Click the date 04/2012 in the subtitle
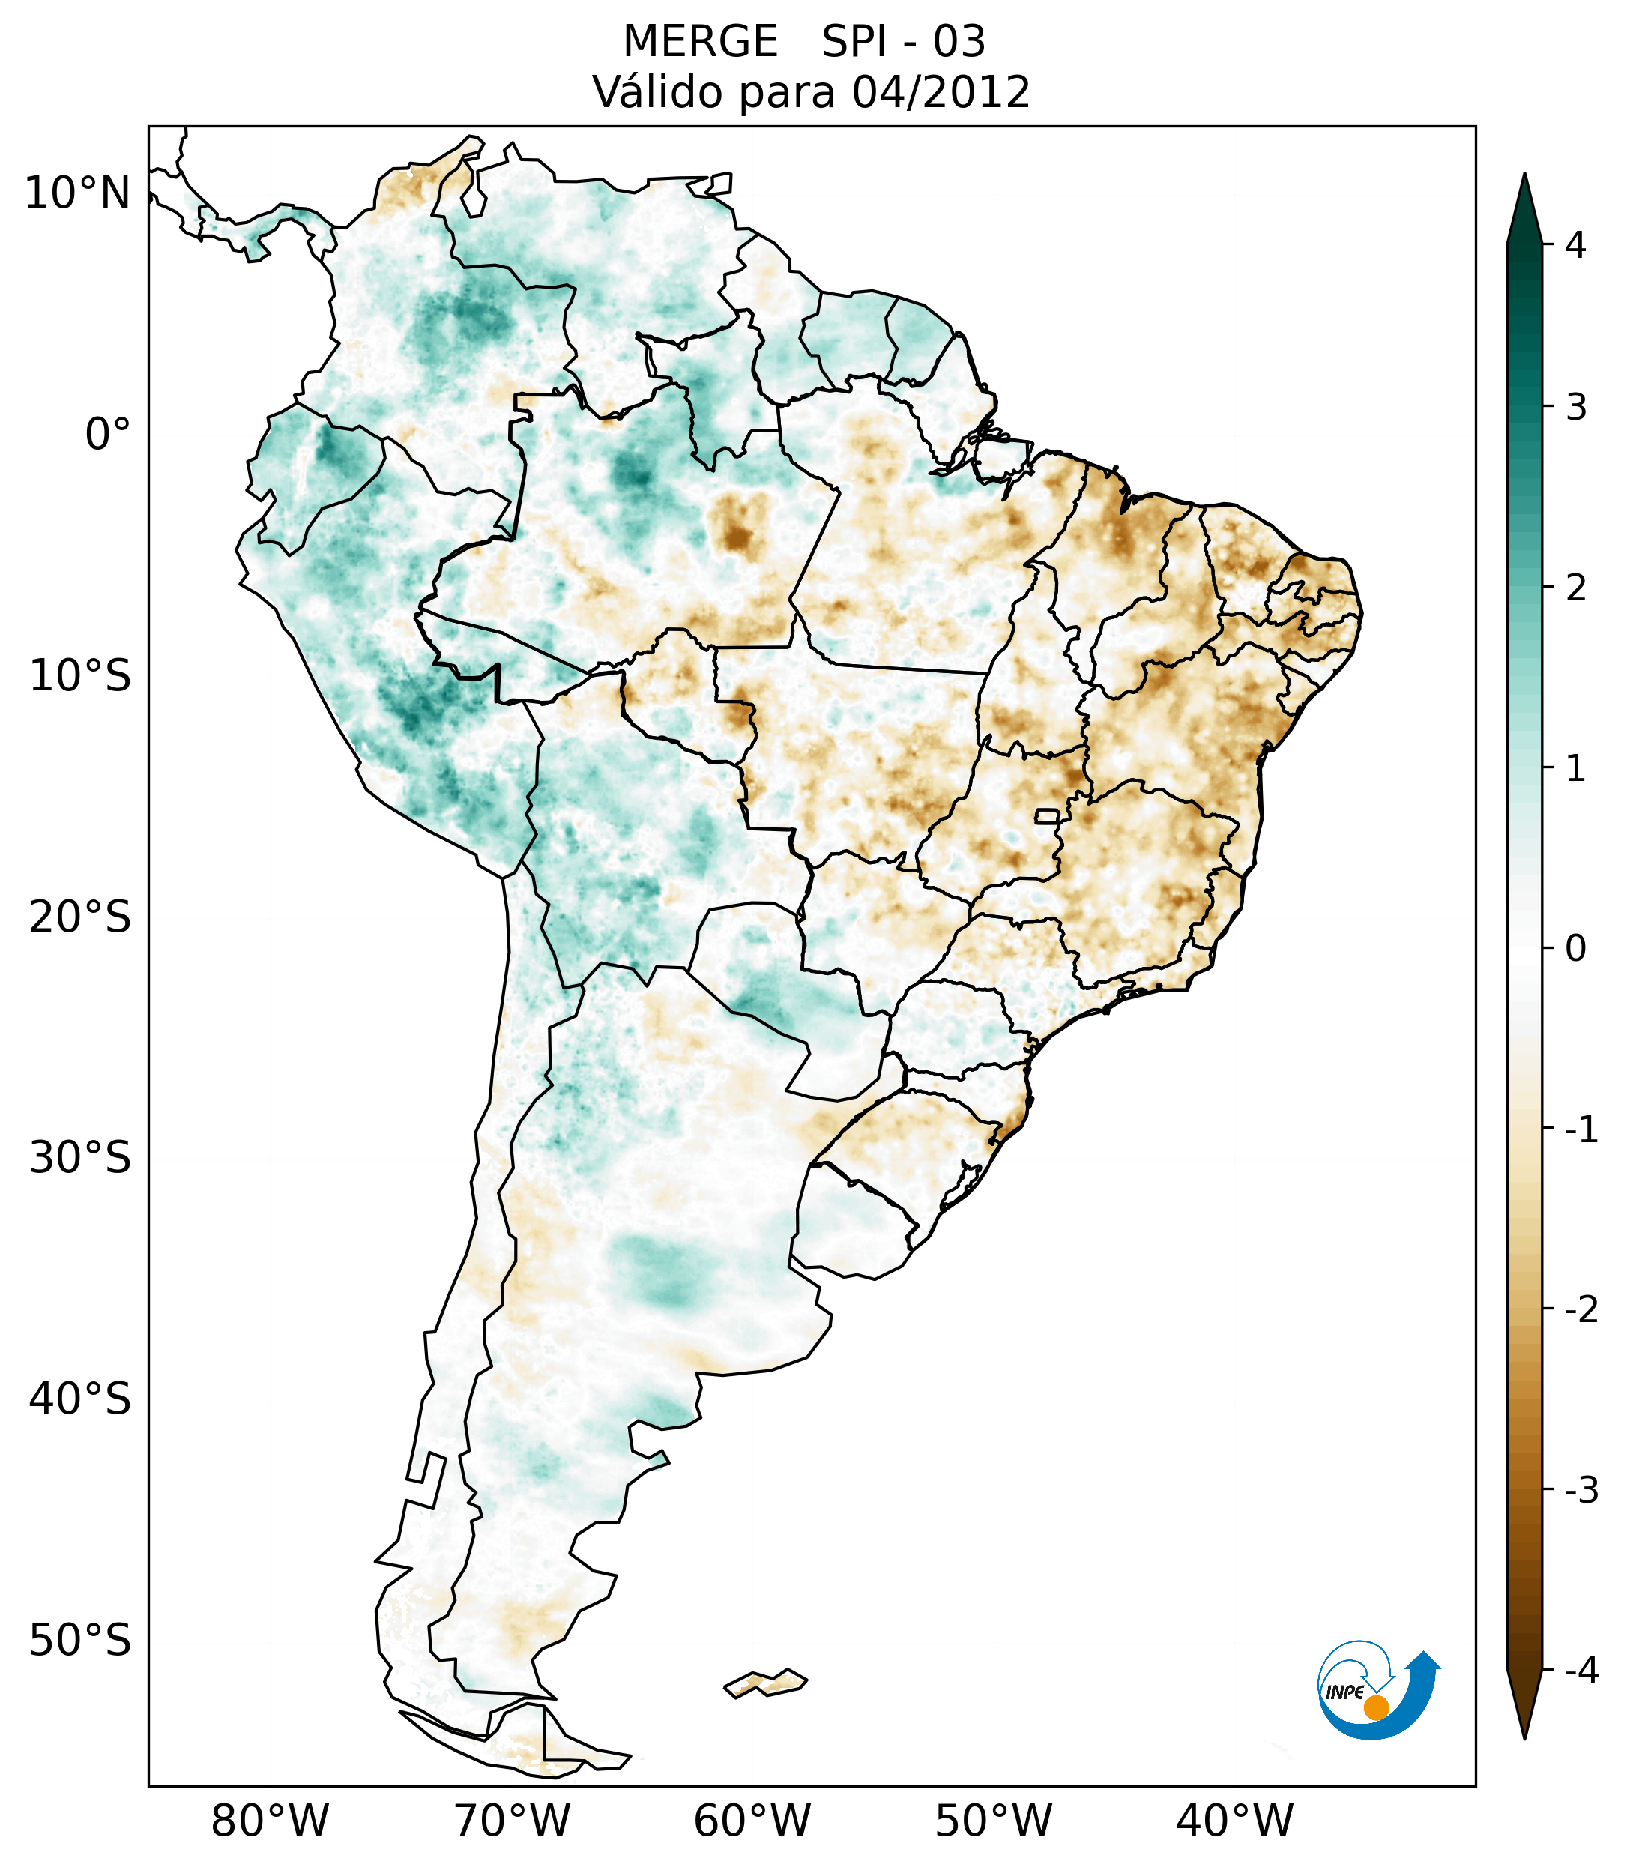pyautogui.click(x=941, y=92)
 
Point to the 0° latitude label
pyautogui.click(x=108, y=435)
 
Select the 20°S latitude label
pyautogui.click(x=80, y=917)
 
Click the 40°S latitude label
pyautogui.click(x=80, y=1399)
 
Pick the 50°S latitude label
pyautogui.click(x=80, y=1641)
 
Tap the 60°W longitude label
pyautogui.click(x=752, y=1821)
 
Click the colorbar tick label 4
pyautogui.click(x=1575, y=245)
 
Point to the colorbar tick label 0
pyautogui.click(x=1575, y=948)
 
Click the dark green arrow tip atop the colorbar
pyautogui.click(x=1524, y=196)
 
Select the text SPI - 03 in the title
pyautogui.click(x=903, y=42)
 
